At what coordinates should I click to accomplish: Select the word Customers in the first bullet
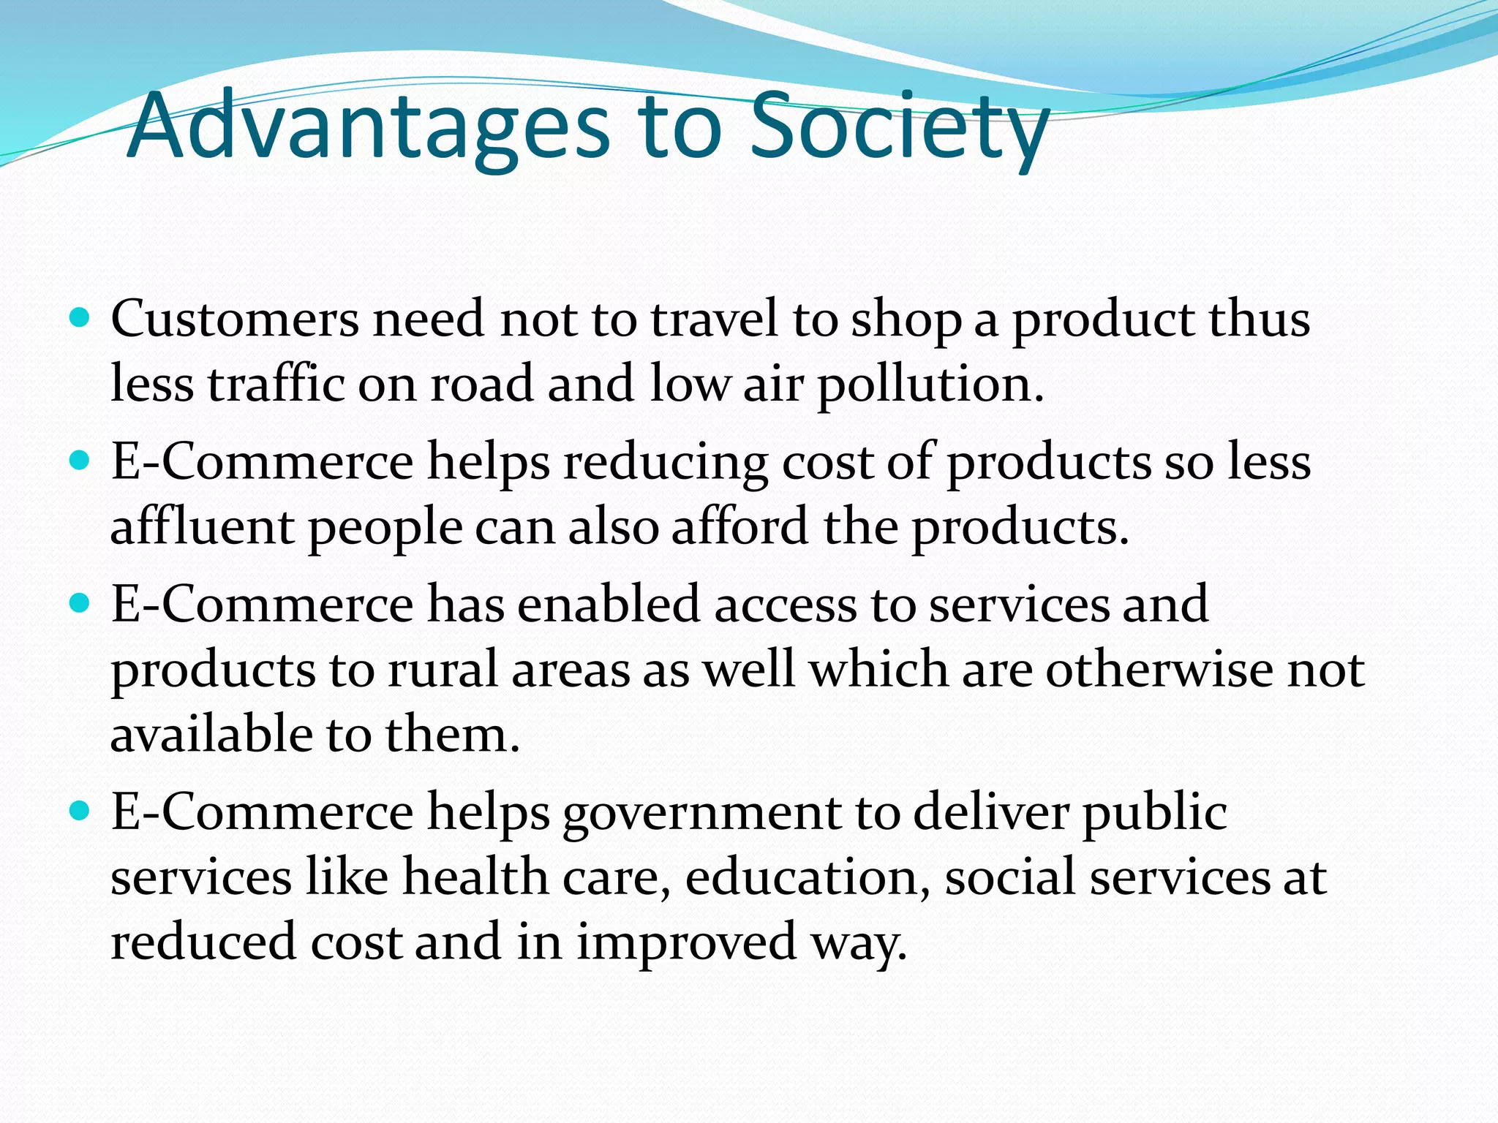[x=235, y=319]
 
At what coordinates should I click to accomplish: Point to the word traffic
[x=276, y=384]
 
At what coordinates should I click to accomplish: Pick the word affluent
[x=202, y=526]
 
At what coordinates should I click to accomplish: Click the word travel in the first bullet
[x=714, y=319]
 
